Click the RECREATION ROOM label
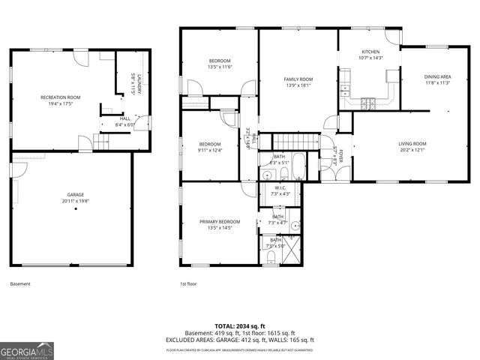[x=60, y=97]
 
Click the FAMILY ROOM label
[x=298, y=79]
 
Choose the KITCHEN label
[x=370, y=52]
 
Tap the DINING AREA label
[x=437, y=76]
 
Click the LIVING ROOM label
[x=412, y=143]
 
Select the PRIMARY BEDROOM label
[x=220, y=222]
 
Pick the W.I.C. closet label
[x=280, y=188]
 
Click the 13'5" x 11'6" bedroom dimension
[x=220, y=67]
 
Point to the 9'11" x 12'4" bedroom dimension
[x=210, y=150]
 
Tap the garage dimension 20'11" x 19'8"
[x=73, y=201]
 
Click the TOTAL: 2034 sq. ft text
[x=240, y=326]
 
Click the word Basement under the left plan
[x=20, y=284]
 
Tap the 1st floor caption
[x=188, y=284]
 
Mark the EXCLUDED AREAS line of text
[x=240, y=340]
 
